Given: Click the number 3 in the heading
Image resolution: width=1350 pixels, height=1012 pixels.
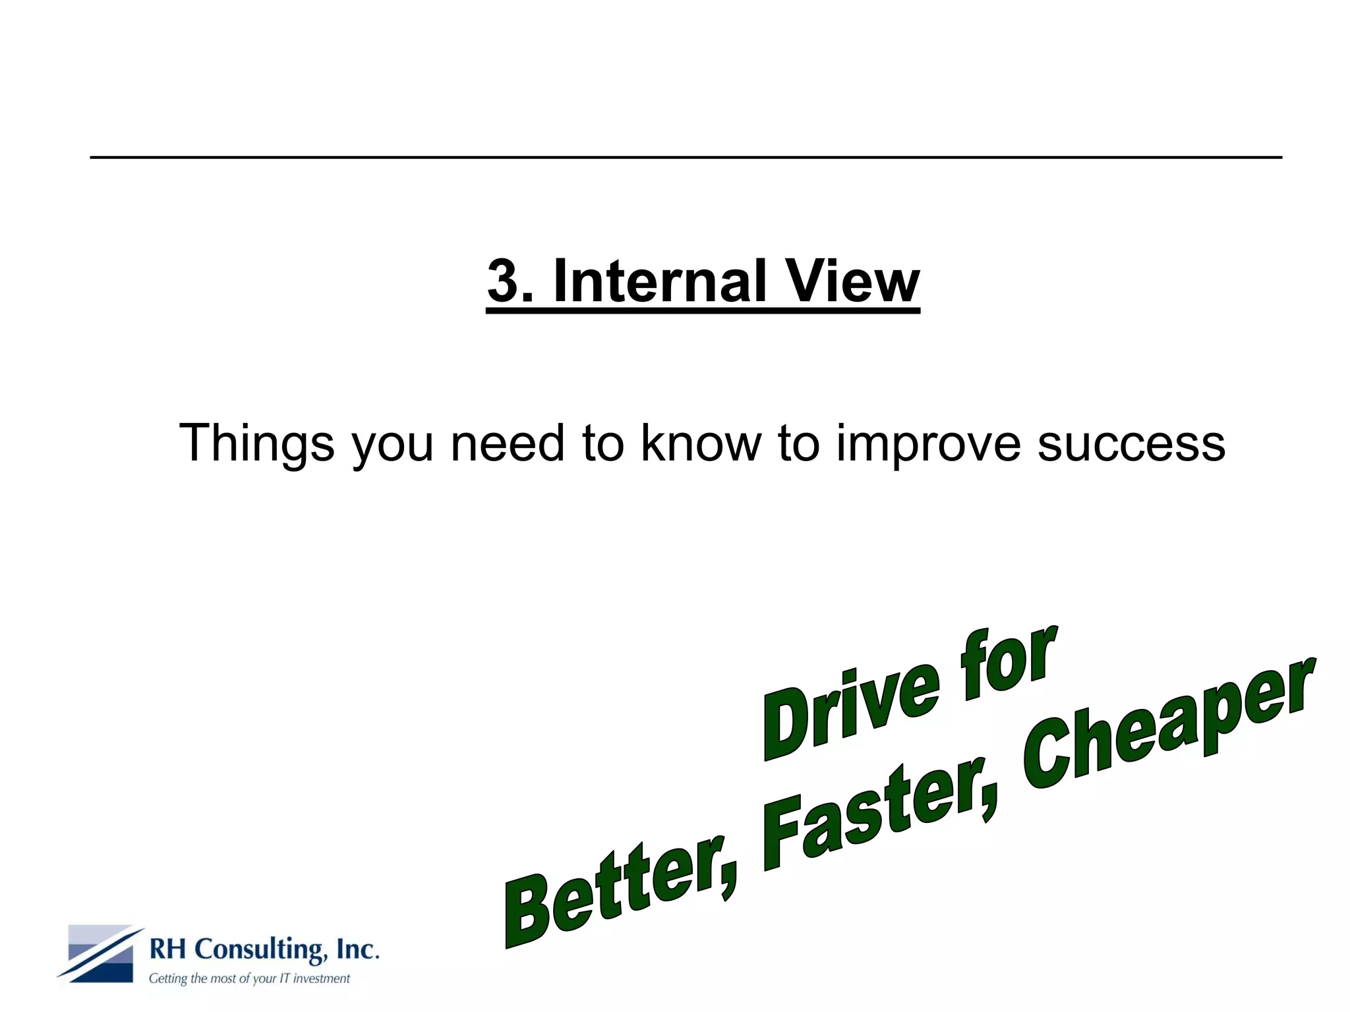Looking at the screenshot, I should [x=503, y=281].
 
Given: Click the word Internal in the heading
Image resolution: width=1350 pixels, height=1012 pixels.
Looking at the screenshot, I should [x=660, y=281].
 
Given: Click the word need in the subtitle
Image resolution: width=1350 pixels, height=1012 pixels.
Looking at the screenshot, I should [x=507, y=443].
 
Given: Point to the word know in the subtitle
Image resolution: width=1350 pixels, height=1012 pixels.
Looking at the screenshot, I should [x=701, y=443].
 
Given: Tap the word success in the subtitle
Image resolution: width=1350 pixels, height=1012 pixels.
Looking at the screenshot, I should [x=1131, y=443].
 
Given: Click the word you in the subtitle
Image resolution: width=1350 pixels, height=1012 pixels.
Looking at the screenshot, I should [x=392, y=443].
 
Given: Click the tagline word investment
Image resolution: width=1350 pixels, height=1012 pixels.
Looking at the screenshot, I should [x=321, y=979].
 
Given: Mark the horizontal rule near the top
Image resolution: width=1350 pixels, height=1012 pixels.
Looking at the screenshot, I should [x=686, y=157].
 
